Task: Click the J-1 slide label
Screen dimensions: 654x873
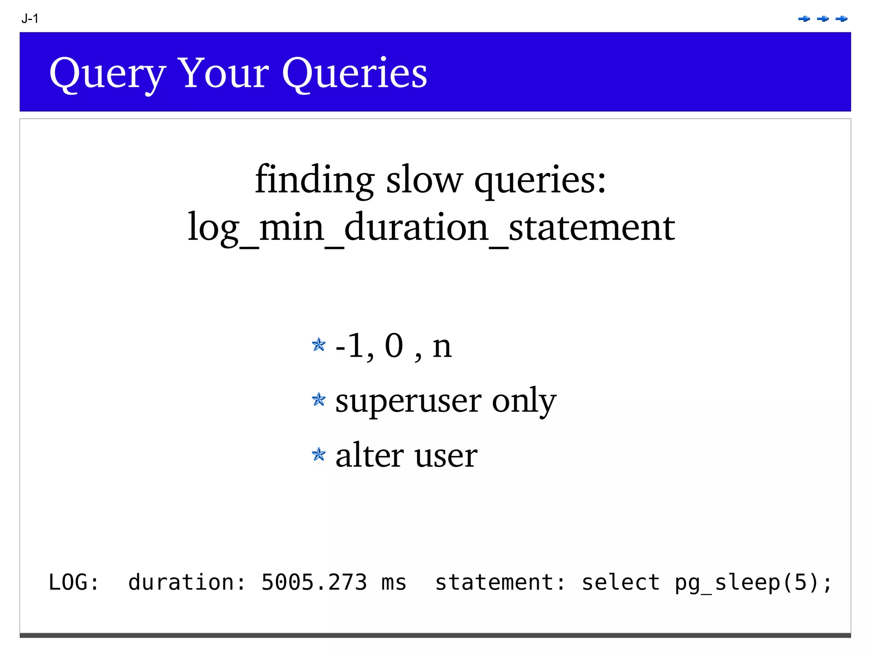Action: click(30, 19)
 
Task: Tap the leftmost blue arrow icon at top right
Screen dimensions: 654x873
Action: click(804, 19)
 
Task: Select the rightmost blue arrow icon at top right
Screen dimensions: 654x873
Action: click(841, 19)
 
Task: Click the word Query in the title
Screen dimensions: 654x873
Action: click(107, 73)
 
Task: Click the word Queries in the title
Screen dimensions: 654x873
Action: click(354, 73)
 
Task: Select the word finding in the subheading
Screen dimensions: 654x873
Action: click(315, 180)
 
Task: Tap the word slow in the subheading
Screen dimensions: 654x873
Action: click(424, 180)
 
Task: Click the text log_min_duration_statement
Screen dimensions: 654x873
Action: click(431, 227)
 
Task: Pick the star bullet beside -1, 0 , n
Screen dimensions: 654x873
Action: click(318, 344)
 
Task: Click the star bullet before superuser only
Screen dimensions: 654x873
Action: click(318, 400)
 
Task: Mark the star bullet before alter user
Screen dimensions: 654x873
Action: click(318, 455)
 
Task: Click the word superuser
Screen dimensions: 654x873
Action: click(408, 401)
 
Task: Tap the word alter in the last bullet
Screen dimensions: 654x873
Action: click(369, 455)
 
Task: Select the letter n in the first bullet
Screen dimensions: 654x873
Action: click(442, 347)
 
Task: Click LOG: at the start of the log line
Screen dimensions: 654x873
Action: click(74, 582)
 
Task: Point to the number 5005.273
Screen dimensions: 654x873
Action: click(314, 582)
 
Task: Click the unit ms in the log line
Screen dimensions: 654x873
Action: click(394, 582)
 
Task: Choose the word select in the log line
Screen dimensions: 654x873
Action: click(621, 582)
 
